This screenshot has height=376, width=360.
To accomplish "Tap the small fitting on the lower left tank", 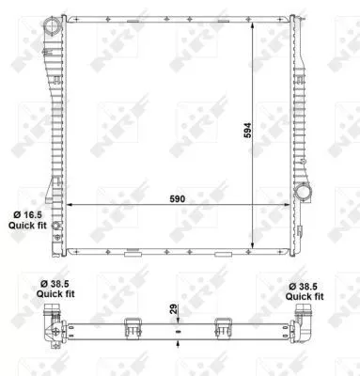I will (57, 227).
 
